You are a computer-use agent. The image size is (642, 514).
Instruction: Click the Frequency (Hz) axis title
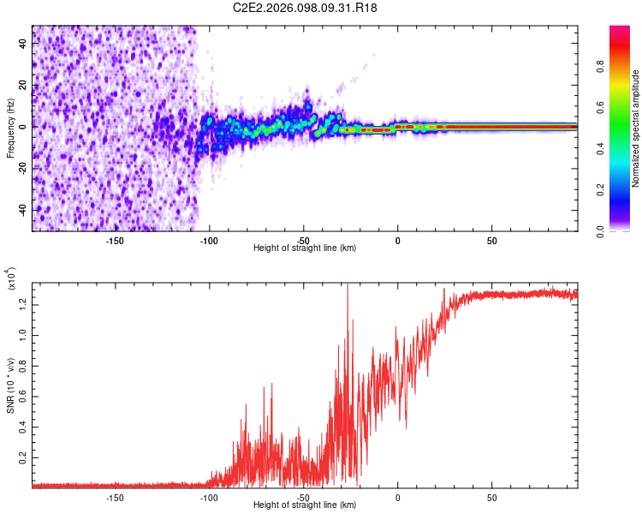(x=10, y=128)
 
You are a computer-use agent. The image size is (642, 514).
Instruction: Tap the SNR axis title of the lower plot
(x=10, y=382)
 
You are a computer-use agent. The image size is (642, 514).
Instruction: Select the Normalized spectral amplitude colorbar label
(x=636, y=128)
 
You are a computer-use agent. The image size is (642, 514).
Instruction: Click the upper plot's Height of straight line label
(x=304, y=248)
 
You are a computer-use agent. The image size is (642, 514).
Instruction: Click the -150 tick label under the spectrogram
(x=116, y=241)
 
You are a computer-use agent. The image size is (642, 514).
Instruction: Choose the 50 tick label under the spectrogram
(x=491, y=241)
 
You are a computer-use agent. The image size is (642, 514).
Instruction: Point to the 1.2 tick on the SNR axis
(x=21, y=302)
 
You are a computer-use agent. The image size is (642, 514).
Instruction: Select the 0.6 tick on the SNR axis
(x=21, y=397)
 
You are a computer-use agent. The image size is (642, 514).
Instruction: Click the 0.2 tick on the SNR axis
(x=21, y=460)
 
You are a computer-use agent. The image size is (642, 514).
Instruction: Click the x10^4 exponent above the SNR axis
(x=11, y=279)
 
